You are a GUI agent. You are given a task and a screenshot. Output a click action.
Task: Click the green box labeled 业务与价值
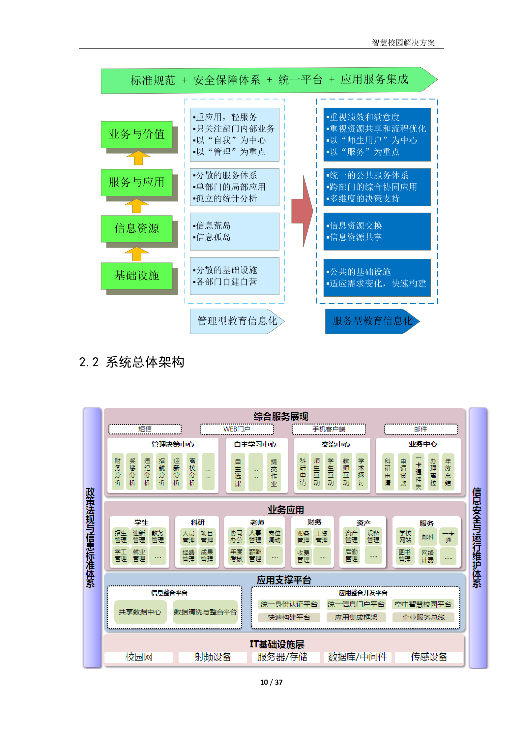pos(136,134)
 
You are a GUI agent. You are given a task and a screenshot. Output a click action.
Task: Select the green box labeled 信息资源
pos(136,228)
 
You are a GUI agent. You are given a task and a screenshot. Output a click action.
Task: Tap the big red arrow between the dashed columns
pos(303,211)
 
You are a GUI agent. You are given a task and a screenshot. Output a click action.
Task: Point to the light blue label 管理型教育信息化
pos(236,321)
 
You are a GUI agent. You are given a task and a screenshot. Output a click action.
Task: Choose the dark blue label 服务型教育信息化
pos(371,321)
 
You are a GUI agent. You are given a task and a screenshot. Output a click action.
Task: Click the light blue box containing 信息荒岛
pos(234,231)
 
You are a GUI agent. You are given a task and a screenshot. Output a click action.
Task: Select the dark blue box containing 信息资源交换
pos(377,231)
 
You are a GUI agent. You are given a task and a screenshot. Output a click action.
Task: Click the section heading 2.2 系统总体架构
pos(132,362)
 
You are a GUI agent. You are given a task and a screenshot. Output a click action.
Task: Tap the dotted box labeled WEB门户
pos(237,429)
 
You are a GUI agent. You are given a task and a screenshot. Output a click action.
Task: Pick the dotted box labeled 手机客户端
pos(329,429)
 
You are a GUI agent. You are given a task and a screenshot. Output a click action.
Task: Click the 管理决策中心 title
pos(173,444)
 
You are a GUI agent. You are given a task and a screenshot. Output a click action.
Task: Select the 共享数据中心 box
pos(140,612)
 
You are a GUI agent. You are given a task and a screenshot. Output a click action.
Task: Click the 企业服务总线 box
pos(423,617)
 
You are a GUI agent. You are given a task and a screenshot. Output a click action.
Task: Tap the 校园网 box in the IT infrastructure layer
pos(139,657)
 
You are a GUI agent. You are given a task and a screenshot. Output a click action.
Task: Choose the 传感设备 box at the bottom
pos(429,657)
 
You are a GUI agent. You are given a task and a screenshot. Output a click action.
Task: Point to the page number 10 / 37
pos(271,682)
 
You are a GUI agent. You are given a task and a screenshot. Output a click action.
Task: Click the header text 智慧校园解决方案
pos(403,43)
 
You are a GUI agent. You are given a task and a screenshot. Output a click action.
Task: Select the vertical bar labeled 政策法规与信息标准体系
pos(92,537)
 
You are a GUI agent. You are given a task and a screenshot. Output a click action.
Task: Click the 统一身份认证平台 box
pos(289,604)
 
